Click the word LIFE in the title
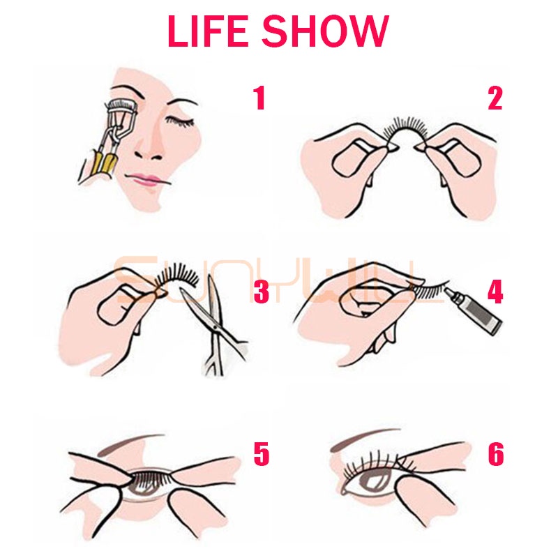point(207,31)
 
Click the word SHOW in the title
point(325,31)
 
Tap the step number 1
point(259,98)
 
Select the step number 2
point(495,98)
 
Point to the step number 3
point(262,292)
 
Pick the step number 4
point(495,292)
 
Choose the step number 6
point(496,454)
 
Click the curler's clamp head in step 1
point(121,106)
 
